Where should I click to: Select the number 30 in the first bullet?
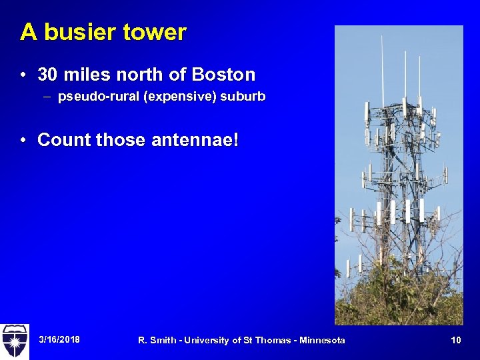tap(47, 73)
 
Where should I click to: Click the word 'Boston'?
tap(225, 73)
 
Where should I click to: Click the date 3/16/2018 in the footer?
tap(59, 340)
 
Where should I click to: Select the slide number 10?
tap(456, 340)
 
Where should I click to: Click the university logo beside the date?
tap(14, 340)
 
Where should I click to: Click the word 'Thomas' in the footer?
tap(271, 340)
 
